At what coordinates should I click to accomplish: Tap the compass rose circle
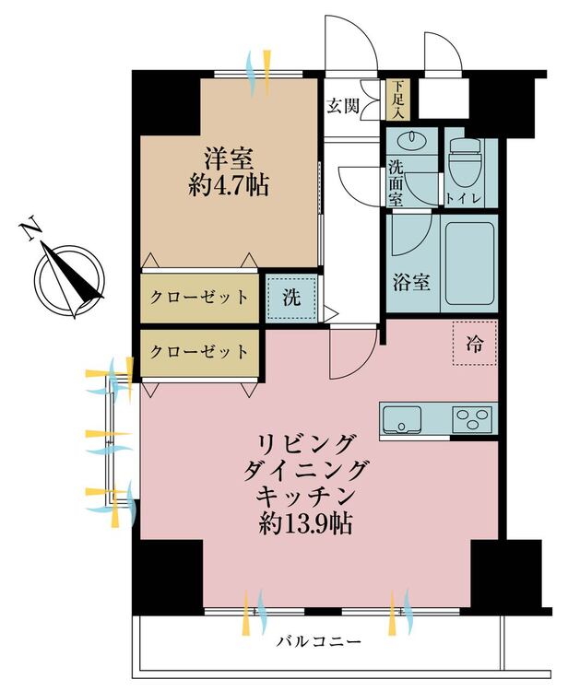click(x=70, y=278)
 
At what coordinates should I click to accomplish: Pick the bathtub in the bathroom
click(x=469, y=264)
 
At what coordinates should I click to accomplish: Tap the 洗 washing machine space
click(x=290, y=298)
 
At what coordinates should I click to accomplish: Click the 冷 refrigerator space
click(x=474, y=345)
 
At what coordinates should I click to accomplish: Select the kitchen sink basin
click(x=404, y=421)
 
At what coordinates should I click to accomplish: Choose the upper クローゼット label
click(x=199, y=298)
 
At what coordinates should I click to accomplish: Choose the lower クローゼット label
click(x=199, y=351)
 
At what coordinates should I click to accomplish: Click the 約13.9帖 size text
click(x=305, y=524)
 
